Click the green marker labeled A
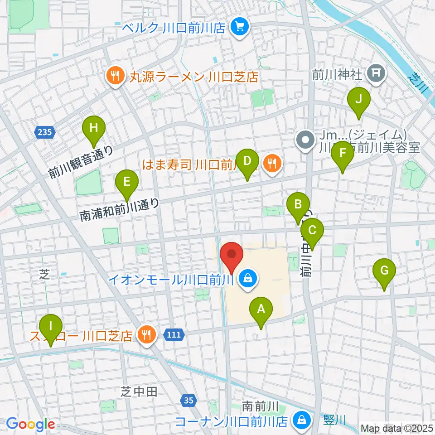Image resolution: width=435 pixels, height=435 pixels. click(x=261, y=309)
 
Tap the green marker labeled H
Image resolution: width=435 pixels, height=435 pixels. click(x=93, y=127)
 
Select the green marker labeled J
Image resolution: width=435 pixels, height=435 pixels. click(x=358, y=99)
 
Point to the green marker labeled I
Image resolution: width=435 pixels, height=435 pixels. click(x=50, y=326)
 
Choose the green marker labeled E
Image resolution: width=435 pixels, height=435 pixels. click(x=127, y=182)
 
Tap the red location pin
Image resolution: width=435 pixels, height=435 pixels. click(x=232, y=257)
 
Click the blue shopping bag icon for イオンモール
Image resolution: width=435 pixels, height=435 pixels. click(x=248, y=278)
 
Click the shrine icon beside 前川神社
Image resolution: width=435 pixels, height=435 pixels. click(x=375, y=71)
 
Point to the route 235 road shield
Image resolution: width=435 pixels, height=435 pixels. click(x=44, y=132)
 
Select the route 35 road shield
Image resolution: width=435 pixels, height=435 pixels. click(x=189, y=400)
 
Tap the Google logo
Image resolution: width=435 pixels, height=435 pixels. click(x=31, y=425)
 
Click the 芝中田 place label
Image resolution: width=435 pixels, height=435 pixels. click(x=139, y=391)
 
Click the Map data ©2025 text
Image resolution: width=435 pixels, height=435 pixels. click(x=396, y=428)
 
